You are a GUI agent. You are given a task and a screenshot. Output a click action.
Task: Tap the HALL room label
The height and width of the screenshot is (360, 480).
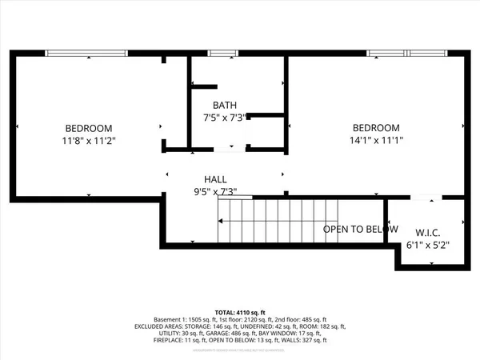[216, 180]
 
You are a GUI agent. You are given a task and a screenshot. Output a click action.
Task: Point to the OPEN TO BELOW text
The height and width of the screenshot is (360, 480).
[360, 230]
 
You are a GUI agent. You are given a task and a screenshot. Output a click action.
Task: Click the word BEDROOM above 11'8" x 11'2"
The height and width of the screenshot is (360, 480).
[89, 128]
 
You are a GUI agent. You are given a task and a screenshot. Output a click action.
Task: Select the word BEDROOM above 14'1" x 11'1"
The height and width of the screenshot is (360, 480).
[376, 128]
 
